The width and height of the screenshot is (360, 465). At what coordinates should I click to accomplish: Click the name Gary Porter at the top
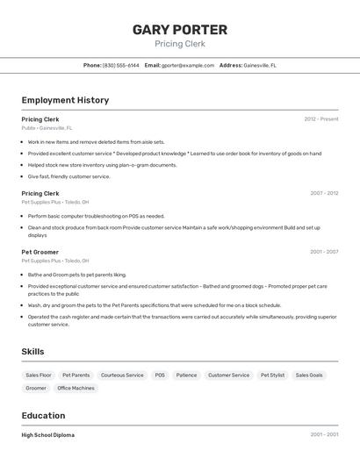[180, 29]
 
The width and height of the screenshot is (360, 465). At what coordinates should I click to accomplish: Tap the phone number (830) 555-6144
[120, 65]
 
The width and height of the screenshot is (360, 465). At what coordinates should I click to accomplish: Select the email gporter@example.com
[188, 65]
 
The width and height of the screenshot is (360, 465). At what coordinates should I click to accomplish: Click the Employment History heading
[65, 100]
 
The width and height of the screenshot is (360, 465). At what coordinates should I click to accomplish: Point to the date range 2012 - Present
[320, 119]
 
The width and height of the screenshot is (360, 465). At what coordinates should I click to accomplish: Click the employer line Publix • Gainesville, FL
[47, 128]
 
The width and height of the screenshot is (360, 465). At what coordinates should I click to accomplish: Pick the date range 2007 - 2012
[323, 193]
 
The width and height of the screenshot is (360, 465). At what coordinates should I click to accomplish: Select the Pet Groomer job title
[40, 252]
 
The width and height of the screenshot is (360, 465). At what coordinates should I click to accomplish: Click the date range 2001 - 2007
[323, 252]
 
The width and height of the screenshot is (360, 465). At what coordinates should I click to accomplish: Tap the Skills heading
[33, 351]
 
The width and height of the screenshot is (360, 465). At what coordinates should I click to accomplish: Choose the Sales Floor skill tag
[39, 375]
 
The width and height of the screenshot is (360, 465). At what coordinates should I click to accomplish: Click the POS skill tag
[160, 375]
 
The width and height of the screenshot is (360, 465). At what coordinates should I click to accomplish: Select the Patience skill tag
[186, 375]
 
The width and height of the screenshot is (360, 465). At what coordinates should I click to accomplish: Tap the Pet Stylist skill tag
[272, 375]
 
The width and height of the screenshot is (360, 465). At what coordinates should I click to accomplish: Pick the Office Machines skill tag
[76, 388]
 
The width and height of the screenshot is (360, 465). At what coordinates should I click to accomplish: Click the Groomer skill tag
[36, 388]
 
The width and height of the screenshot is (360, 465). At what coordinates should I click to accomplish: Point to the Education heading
[43, 415]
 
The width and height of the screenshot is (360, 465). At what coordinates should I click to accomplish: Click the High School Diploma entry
[48, 435]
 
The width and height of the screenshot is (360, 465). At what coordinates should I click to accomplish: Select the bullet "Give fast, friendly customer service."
[68, 176]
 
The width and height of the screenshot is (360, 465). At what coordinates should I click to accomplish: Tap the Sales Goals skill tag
[309, 375]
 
